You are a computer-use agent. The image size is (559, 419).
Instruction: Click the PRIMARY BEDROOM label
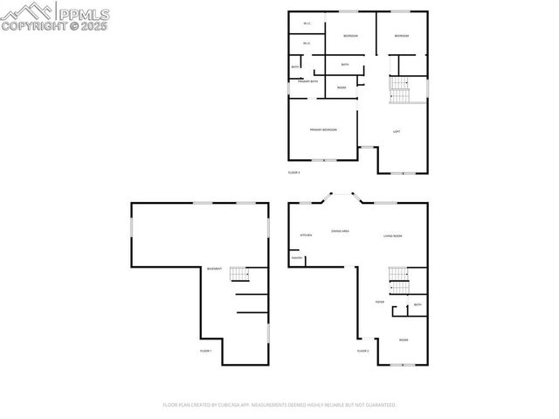323,130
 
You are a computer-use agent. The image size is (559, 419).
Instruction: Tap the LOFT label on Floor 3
397,132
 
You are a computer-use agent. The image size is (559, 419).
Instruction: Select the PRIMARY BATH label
307,81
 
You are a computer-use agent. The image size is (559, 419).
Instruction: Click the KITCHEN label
306,236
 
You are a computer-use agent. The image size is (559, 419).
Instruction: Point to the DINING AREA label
341,231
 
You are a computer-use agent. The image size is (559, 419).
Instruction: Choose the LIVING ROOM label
392,236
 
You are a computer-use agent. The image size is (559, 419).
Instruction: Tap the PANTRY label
297,258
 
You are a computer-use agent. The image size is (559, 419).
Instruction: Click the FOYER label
380,302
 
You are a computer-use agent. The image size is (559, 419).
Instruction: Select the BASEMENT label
214,269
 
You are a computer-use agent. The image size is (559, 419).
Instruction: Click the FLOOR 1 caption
206,351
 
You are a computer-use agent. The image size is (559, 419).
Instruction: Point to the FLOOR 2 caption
362,351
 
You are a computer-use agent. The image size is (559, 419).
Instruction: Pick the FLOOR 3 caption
294,173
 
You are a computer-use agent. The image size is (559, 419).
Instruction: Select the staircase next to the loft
399,90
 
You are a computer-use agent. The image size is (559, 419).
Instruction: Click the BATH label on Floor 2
418,305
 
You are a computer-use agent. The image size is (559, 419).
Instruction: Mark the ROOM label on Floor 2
404,339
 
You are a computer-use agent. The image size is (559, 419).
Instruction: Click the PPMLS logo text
82,12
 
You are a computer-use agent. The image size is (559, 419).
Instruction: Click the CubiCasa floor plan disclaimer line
279,405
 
